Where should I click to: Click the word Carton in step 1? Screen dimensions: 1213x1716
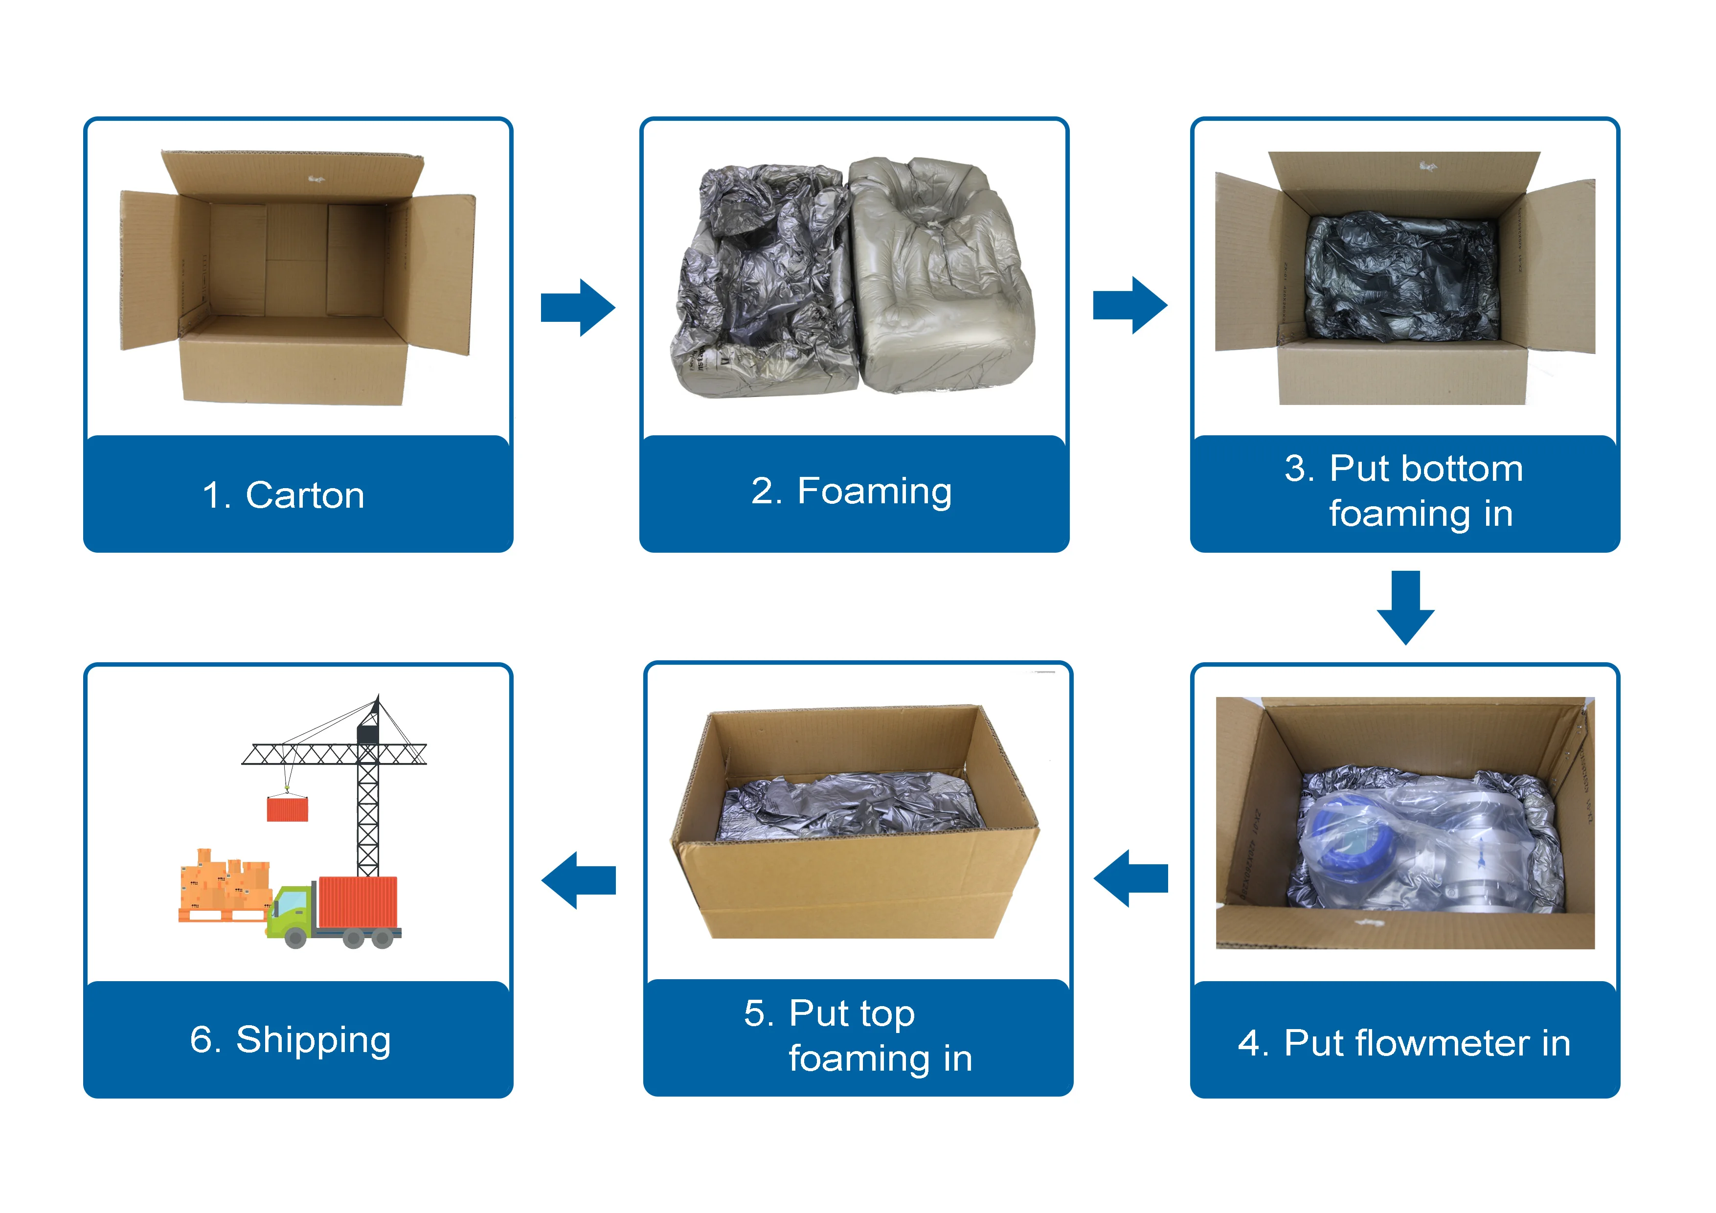coord(305,495)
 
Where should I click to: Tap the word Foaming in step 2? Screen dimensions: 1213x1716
coord(875,491)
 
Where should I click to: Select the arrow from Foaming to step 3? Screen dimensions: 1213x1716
coord(1130,305)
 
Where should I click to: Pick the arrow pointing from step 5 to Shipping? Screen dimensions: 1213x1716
coord(579,879)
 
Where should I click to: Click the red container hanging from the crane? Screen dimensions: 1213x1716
coord(288,809)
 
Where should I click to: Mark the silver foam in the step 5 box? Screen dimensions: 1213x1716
coord(844,807)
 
